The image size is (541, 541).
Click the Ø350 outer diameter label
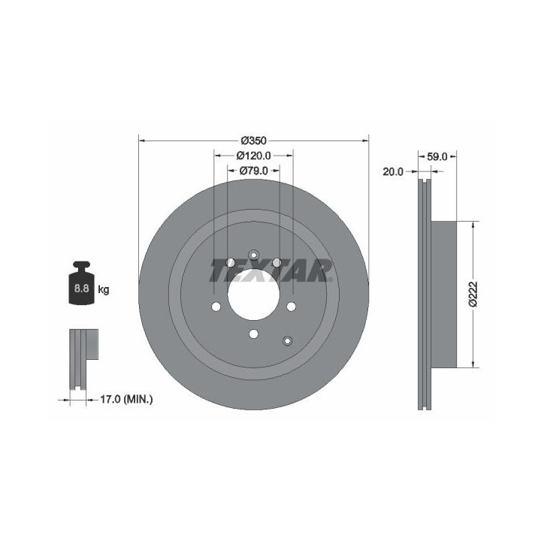coord(254,141)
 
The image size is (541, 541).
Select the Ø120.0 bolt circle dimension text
coord(254,156)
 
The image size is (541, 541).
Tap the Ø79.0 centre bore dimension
coord(254,171)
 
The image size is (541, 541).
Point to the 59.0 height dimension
coord(437,156)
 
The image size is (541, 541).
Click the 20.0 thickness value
coord(393,171)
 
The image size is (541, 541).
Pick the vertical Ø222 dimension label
coord(473,294)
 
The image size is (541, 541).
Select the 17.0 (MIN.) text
coord(126,400)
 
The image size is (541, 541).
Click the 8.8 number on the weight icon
coord(81,288)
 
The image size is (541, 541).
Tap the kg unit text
coord(104,289)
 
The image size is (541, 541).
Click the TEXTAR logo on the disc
coord(270,270)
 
